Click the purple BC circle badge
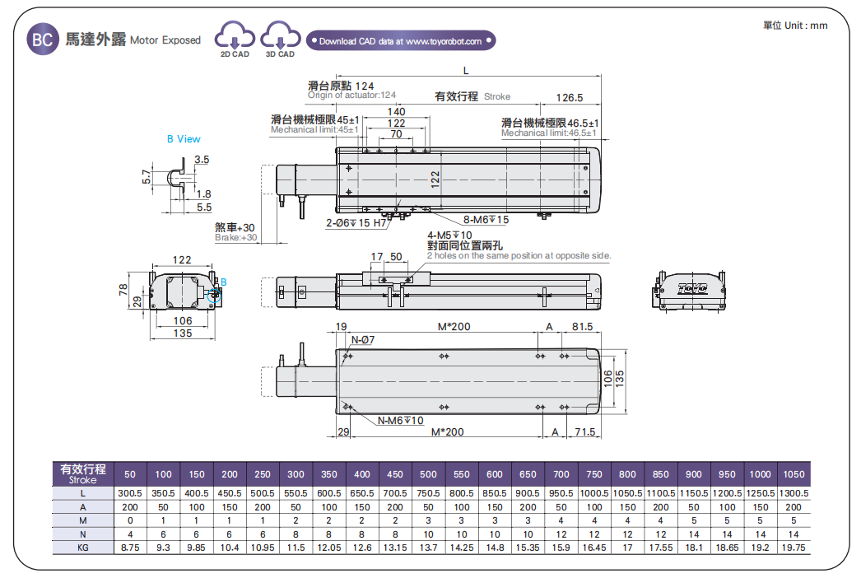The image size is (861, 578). coord(42,40)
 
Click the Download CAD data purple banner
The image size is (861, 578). coord(401,40)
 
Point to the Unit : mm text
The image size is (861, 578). coord(795,26)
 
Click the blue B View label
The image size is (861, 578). coord(184,139)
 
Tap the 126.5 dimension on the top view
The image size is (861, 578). coord(569,97)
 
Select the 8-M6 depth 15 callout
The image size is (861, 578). coord(486,220)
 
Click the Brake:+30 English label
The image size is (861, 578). coord(235,238)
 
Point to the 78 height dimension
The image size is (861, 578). coord(124,289)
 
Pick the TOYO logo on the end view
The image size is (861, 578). coord(692,288)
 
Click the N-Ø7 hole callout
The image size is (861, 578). coord(362,340)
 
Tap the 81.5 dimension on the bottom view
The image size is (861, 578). coord(582,327)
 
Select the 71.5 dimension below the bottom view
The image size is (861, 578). coord(584,432)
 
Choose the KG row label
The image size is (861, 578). coord(83,547)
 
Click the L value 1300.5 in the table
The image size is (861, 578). coord(794,492)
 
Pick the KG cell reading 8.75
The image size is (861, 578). coord(130,547)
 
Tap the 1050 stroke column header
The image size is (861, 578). coord(794,474)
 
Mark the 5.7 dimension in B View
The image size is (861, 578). coord(147,176)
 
